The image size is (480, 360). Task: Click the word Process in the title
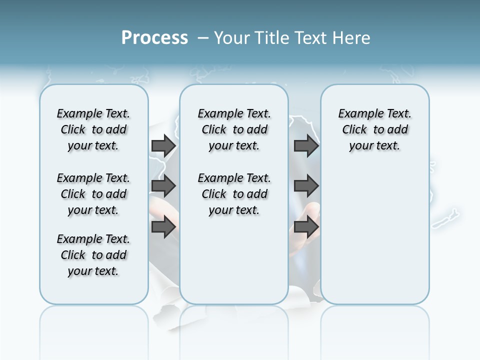[154, 38]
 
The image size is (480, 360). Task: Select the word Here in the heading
[351, 38]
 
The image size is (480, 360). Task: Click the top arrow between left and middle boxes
[163, 145]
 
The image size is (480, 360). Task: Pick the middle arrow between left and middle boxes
[163, 186]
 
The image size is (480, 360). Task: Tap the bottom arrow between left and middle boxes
[163, 226]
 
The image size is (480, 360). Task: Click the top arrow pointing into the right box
[306, 145]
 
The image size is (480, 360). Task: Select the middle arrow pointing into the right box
[306, 186]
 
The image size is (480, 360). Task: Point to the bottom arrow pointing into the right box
[306, 226]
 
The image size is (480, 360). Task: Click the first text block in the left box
[93, 129]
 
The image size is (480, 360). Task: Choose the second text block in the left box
[93, 194]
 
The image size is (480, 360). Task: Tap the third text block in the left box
[93, 255]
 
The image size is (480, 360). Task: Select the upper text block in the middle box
[234, 129]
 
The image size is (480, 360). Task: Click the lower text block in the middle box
[234, 194]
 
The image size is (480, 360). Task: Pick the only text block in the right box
[374, 129]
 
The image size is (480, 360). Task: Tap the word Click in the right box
[354, 129]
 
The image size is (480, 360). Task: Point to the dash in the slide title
[203, 38]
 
